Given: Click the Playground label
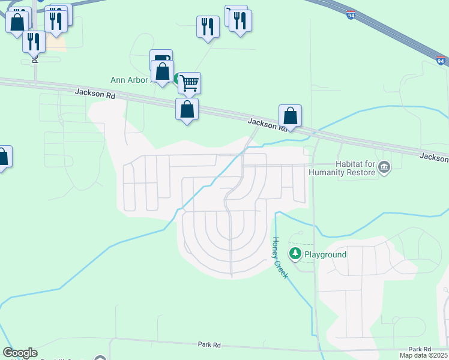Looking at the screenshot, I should click(x=325, y=254).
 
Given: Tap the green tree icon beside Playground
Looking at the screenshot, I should click(x=295, y=254).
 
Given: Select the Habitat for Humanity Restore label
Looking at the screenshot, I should click(x=342, y=168).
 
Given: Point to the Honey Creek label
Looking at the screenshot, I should click(x=280, y=257).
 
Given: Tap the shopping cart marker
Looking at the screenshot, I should click(x=189, y=83).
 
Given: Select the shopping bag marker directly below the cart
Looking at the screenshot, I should click(x=187, y=110).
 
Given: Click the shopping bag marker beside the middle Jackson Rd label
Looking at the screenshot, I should click(x=290, y=116).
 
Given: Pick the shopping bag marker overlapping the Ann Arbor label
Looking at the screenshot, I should click(x=162, y=71).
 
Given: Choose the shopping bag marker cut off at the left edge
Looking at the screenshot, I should click(x=4, y=157).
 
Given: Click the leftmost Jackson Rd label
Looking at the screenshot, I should click(x=95, y=93).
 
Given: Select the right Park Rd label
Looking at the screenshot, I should click(x=420, y=349).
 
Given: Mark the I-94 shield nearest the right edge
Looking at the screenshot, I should click(x=441, y=61).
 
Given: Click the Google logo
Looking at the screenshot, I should click(x=20, y=353).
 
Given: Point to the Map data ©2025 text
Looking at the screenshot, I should click(x=423, y=356).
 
